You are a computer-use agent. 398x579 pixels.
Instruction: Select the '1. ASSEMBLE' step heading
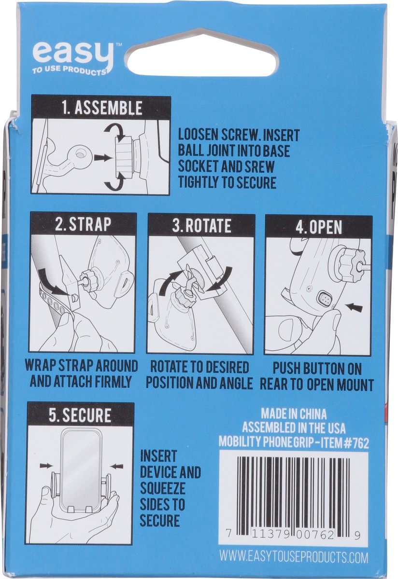pyautogui.click(x=101, y=107)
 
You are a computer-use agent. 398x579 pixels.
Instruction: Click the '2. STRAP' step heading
pyautogui.click(x=83, y=225)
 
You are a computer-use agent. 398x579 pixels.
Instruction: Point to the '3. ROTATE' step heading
pyautogui.click(x=201, y=225)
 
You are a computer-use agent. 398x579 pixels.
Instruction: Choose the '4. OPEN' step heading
pyautogui.click(x=318, y=226)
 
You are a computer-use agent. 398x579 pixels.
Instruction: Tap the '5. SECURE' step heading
pyautogui.click(x=80, y=415)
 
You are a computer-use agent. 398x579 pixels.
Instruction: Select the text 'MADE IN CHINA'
pyautogui.click(x=294, y=414)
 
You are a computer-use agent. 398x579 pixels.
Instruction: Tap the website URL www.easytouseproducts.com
pyautogui.click(x=294, y=558)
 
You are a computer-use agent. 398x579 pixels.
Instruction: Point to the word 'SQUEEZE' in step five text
pyautogui.click(x=162, y=488)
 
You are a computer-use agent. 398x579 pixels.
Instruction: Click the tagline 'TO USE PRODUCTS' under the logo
pyautogui.click(x=69, y=72)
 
